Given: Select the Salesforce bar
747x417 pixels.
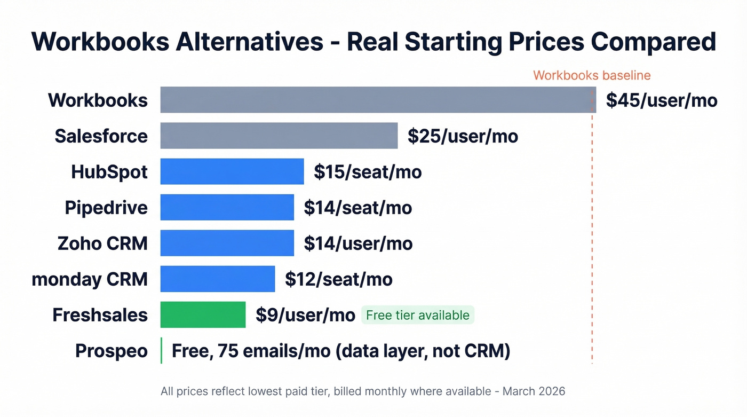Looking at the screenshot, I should coord(279,136).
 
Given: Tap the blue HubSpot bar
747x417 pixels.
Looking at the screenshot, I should coord(232,171).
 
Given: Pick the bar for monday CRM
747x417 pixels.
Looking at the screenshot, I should coord(217,279).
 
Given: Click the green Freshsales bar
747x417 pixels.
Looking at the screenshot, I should coord(203,314).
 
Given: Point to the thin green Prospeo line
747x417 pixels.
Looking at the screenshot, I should coord(161,351).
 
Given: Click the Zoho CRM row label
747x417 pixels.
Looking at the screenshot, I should coord(102,243).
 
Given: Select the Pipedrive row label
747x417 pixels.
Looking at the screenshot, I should coord(106,207).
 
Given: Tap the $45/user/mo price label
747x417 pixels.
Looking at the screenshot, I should coord(661,100).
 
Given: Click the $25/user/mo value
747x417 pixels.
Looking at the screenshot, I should coord(463,136).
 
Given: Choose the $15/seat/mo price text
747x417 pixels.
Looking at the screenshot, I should coord(368,172).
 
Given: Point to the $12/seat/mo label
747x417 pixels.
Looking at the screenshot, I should coord(339,279).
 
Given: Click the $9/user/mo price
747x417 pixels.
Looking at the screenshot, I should coord(305,315).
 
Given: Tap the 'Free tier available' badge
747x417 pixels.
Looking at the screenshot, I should coord(418,315).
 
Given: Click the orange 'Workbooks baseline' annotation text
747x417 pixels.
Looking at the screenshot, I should coord(592,75).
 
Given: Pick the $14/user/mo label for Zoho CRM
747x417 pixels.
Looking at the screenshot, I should coord(358,243).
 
